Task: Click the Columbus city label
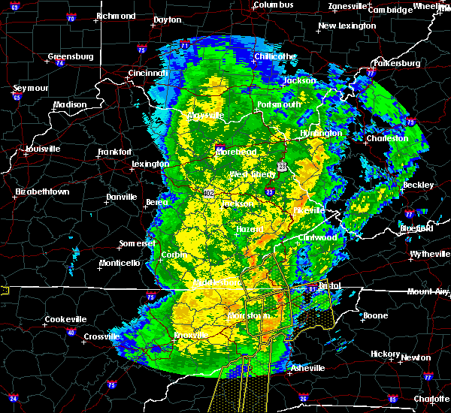(x=274, y=5)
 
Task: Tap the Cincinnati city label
(x=147, y=73)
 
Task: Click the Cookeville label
(x=65, y=319)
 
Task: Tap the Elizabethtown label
(x=42, y=192)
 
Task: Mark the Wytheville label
(x=431, y=255)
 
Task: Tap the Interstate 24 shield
(x=14, y=398)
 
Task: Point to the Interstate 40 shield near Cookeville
(x=71, y=332)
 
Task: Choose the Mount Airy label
(x=427, y=291)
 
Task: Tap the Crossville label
(x=101, y=336)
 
